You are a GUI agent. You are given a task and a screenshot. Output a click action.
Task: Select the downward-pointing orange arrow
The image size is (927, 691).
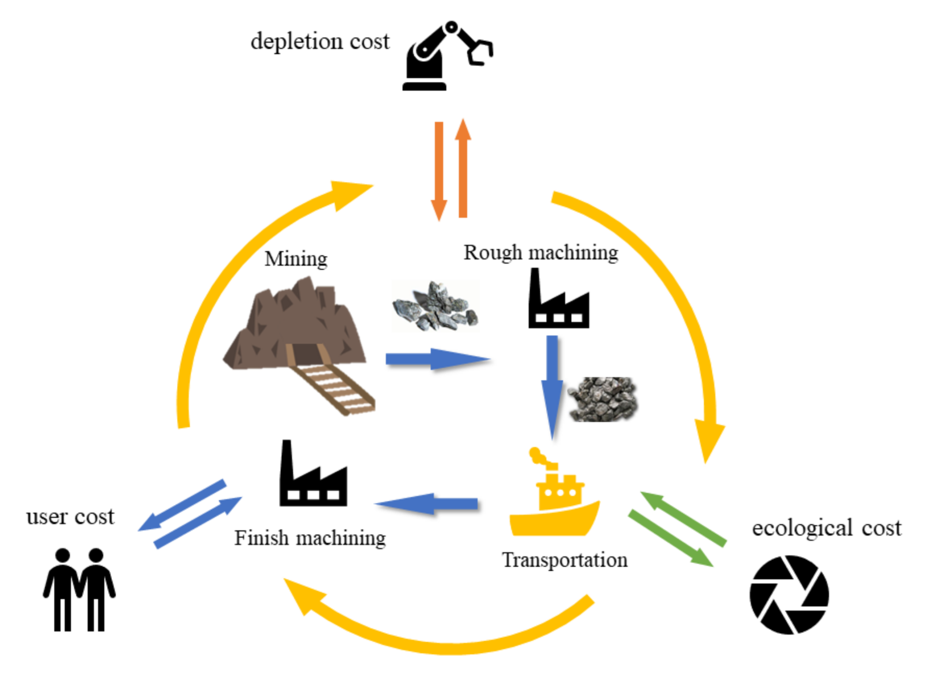[439, 170]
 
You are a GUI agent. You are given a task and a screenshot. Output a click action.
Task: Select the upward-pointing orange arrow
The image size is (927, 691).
[463, 168]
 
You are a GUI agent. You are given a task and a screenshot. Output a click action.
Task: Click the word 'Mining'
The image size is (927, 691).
[296, 259]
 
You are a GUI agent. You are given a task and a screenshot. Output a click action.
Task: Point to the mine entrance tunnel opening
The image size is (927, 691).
[305, 354]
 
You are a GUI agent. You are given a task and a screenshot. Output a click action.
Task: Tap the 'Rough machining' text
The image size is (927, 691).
[540, 253]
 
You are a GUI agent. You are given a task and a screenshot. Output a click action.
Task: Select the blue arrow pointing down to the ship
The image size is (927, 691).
[552, 387]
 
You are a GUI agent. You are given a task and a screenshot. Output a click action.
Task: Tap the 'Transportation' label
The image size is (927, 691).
[564, 560]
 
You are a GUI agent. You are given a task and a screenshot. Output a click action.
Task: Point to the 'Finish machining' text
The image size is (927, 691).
[310, 538]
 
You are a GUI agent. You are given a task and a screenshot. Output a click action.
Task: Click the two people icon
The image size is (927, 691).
[79, 589]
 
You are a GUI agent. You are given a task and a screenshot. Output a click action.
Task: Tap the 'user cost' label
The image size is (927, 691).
[70, 517]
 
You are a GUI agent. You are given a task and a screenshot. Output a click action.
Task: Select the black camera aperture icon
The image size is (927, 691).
[789, 595]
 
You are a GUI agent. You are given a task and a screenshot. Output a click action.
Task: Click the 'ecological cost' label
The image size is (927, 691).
[826, 528]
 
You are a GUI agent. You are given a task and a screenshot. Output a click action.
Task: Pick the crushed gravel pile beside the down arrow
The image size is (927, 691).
[603, 399]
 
